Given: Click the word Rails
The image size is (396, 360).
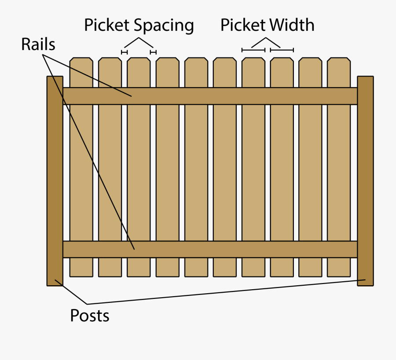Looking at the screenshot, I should click(38, 44).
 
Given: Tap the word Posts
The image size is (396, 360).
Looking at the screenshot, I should click(90, 315).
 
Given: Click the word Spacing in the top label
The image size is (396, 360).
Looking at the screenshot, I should click(165, 25).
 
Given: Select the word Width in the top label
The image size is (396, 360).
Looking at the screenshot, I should click(293, 25).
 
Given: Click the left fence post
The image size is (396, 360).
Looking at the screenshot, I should click(55, 181).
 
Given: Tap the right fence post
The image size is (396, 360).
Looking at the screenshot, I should click(365, 181).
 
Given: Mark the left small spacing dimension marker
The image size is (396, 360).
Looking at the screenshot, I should click(125, 52).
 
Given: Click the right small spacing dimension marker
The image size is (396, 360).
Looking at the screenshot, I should click(153, 52).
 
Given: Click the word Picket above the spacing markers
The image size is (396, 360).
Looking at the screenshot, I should click(107, 25).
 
